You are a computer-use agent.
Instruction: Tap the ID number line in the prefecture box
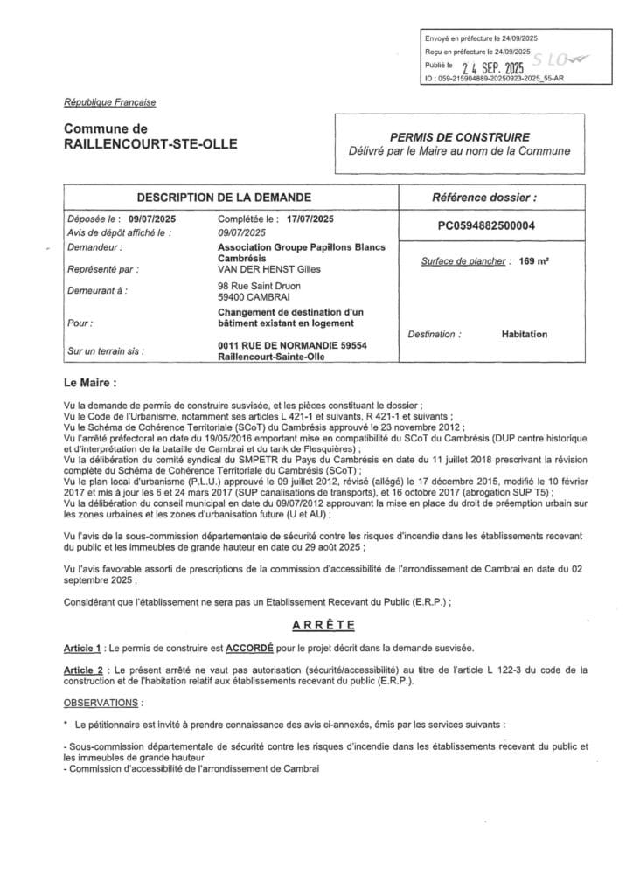coord(494,79)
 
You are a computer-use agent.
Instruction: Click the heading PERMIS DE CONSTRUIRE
coord(459,137)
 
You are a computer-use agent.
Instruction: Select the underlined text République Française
coord(110,102)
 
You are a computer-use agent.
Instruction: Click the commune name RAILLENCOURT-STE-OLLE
coord(150,144)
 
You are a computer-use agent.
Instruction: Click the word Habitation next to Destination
coord(525,334)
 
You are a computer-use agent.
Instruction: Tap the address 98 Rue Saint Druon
coord(261,286)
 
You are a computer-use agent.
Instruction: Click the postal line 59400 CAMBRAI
coord(253,297)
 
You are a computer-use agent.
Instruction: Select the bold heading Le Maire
coord(89,383)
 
